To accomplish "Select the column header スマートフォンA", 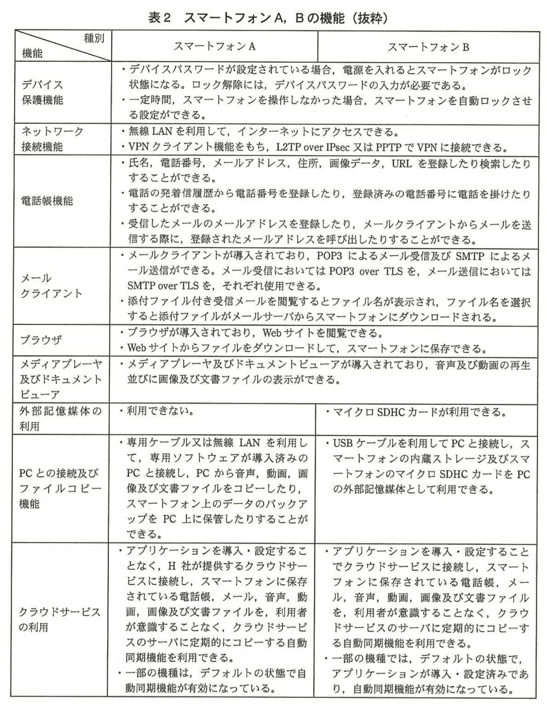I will tap(214, 46).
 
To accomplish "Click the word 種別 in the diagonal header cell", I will tap(94, 38).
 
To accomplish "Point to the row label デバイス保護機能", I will tap(42, 92).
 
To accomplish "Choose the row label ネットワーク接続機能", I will tap(52, 139).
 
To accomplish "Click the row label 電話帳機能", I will tap(47, 201).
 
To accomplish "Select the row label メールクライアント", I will tap(51, 286).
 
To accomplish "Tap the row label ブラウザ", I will tap(41, 340).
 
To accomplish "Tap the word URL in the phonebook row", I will tap(402, 164).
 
